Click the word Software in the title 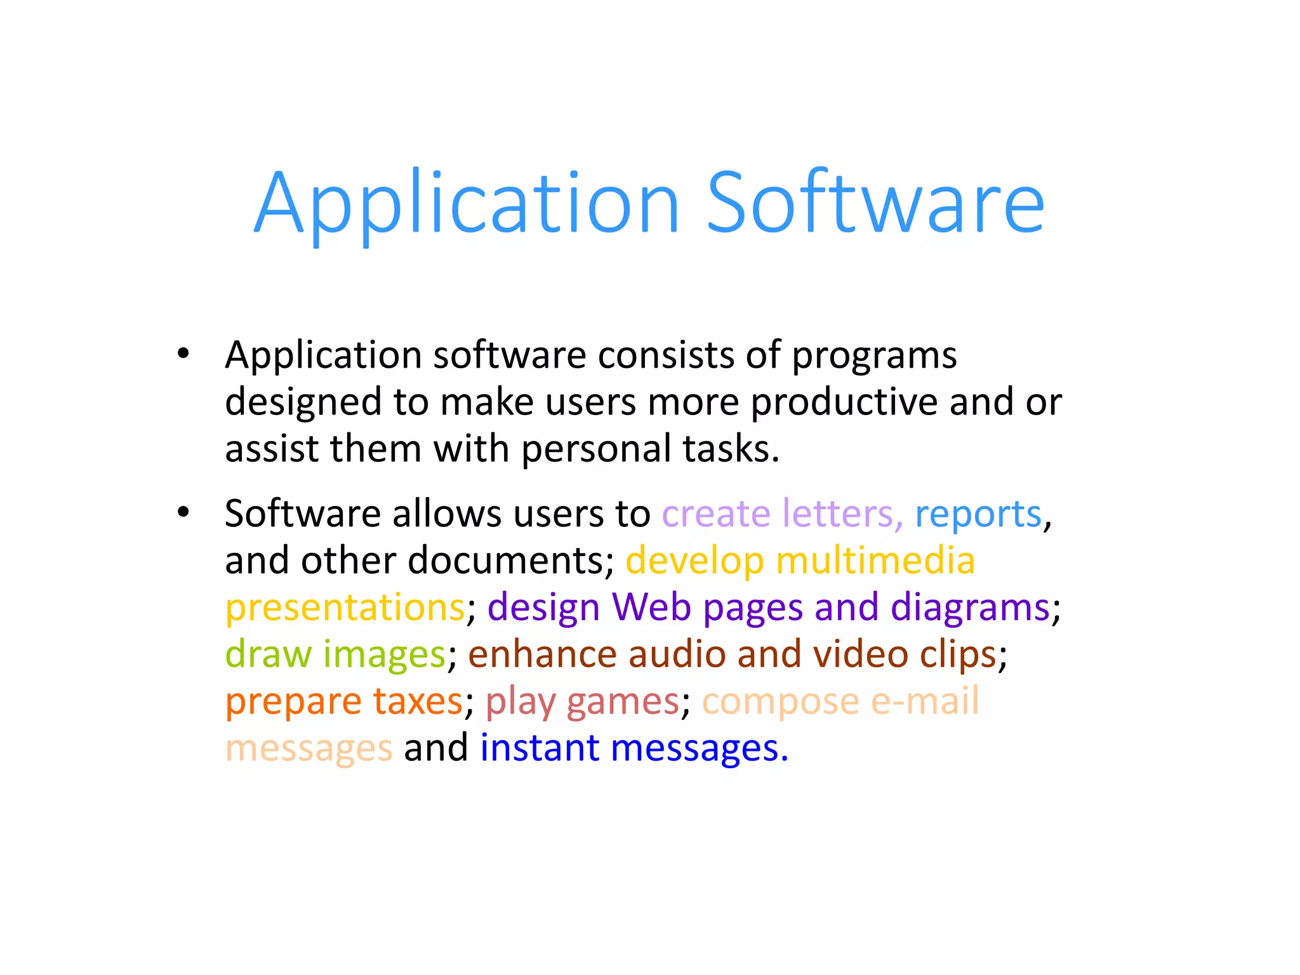(x=875, y=203)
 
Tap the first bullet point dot (x=183, y=354)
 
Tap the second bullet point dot (x=183, y=512)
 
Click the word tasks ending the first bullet (x=730, y=449)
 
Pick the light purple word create (x=715, y=514)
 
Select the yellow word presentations (x=345, y=608)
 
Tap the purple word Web (x=651, y=607)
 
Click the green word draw (x=269, y=654)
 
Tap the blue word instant (x=539, y=748)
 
